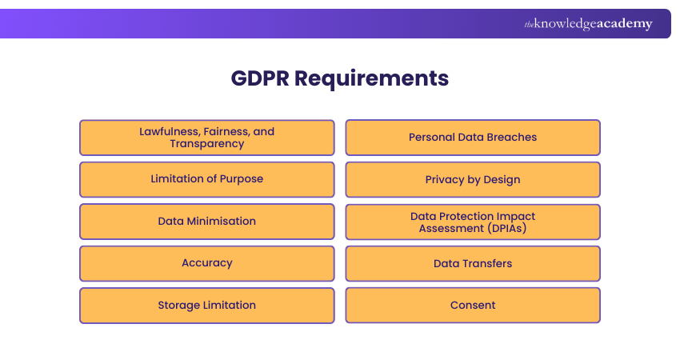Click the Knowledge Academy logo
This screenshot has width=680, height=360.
click(588, 24)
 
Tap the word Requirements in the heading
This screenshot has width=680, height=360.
click(372, 78)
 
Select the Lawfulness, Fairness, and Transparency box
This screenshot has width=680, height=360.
click(206, 138)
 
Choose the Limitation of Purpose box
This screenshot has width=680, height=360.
click(206, 179)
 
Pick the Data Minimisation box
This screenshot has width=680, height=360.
click(206, 221)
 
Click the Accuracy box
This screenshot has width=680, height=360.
click(206, 263)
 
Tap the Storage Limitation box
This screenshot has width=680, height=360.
click(206, 305)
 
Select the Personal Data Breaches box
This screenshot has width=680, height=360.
click(473, 138)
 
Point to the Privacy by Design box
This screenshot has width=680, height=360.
click(473, 179)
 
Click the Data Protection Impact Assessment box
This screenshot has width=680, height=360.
click(473, 222)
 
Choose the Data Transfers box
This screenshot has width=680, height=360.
click(473, 263)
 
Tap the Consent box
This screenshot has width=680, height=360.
click(473, 305)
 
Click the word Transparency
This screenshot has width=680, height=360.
click(206, 144)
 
